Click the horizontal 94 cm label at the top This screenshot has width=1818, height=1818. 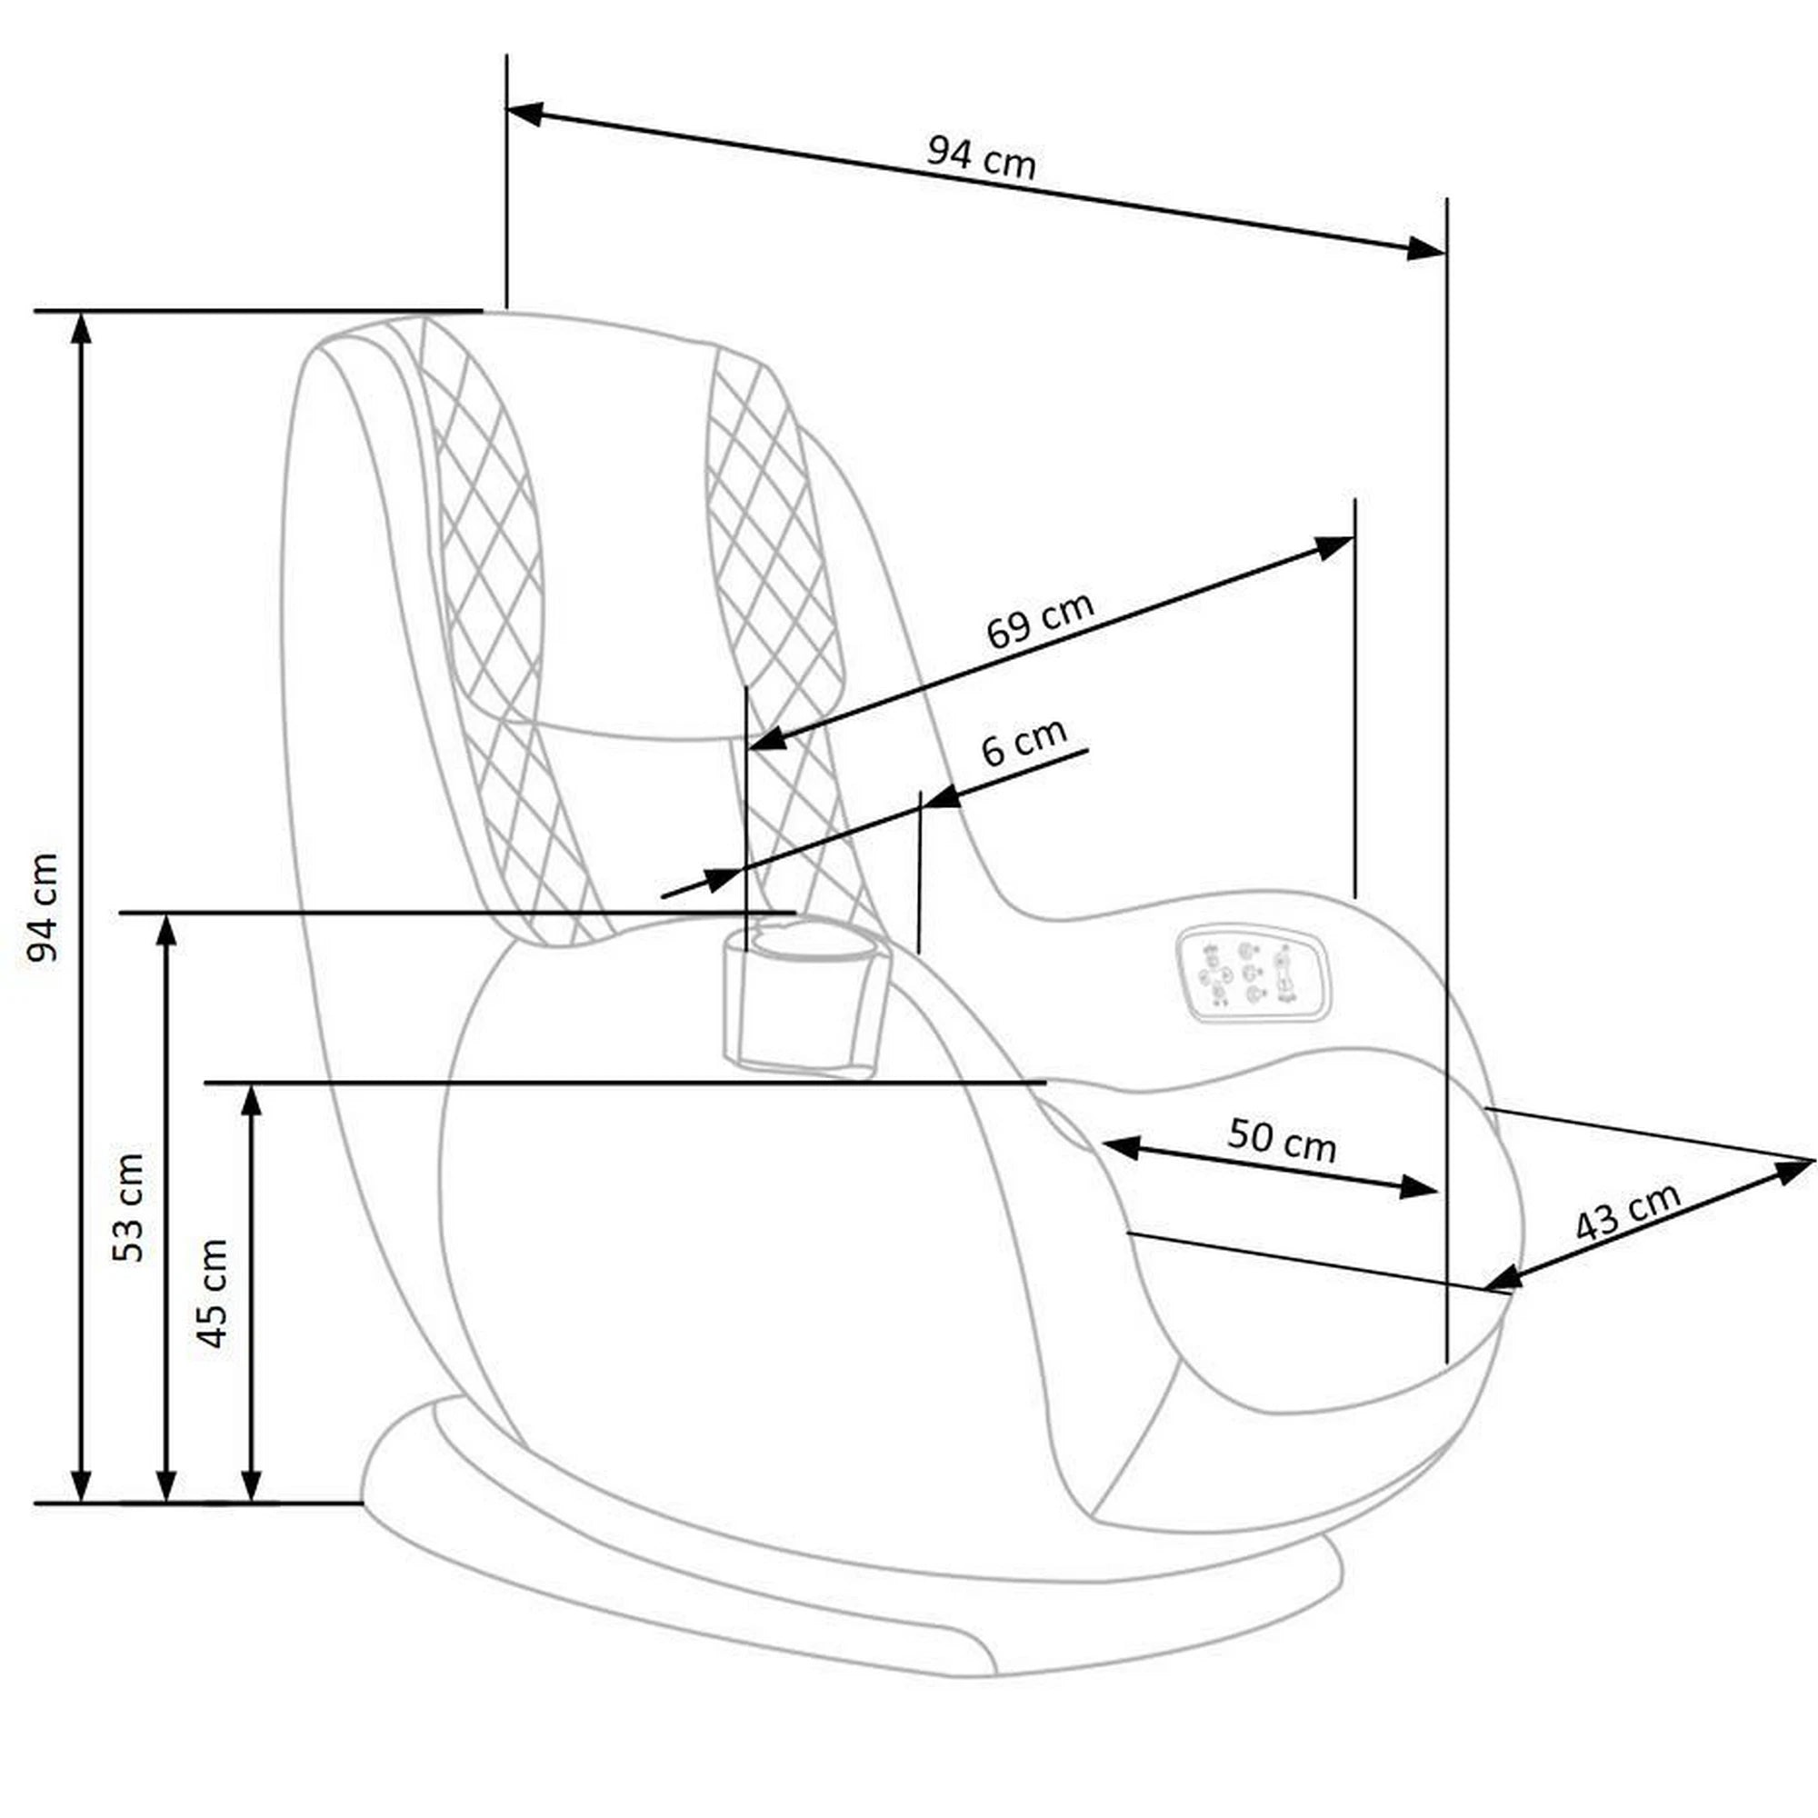[x=981, y=157]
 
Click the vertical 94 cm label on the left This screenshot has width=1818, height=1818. [x=44, y=907]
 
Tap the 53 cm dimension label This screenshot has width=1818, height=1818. [x=129, y=1206]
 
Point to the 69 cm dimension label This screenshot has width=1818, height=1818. [x=1039, y=620]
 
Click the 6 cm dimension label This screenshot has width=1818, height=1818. [x=1023, y=742]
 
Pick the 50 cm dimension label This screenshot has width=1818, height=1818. [x=1281, y=1140]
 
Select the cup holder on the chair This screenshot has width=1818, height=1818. [x=804, y=999]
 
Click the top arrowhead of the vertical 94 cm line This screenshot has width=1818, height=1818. [x=82, y=329]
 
